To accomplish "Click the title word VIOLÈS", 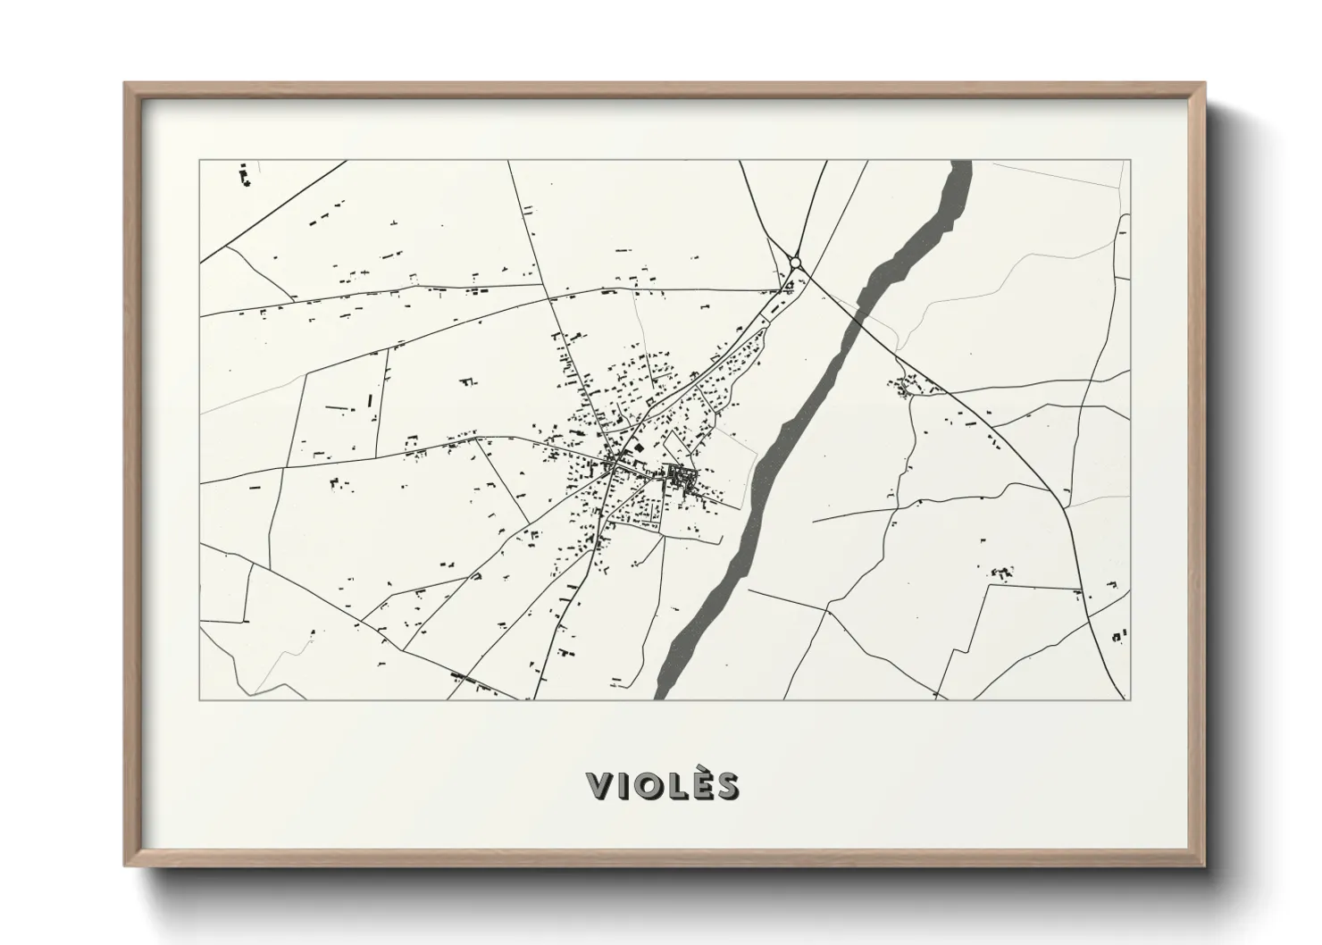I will pyautogui.click(x=662, y=786).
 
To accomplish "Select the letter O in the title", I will pyautogui.click(x=648, y=786).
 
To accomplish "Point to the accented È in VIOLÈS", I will pyautogui.click(x=700, y=784).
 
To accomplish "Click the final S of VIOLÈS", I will pyautogui.click(x=727, y=786).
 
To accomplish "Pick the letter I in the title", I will pyautogui.click(x=622, y=786).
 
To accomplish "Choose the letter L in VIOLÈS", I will pyautogui.click(x=676, y=786).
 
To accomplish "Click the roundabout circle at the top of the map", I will pyautogui.click(x=796, y=263).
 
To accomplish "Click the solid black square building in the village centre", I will pyautogui.click(x=638, y=445).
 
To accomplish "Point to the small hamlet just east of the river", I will pyautogui.click(x=909, y=387).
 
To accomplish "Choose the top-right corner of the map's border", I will pyautogui.click(x=1131, y=161).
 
